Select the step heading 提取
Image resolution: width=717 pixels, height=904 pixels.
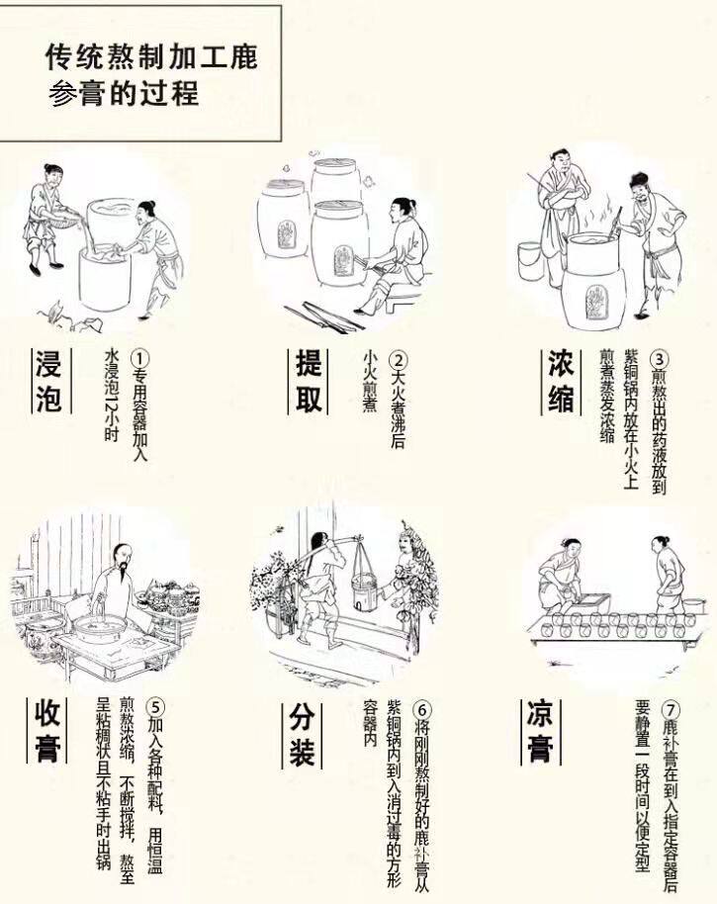(308, 381)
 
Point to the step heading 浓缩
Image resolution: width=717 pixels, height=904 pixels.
(561, 382)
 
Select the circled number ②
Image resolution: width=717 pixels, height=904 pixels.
(398, 360)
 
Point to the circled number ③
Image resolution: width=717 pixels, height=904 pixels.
(662, 359)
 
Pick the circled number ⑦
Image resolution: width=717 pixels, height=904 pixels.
(672, 709)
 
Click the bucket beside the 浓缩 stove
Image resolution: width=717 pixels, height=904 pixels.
(529, 260)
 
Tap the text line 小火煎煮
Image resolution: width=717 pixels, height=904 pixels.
(371, 390)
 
